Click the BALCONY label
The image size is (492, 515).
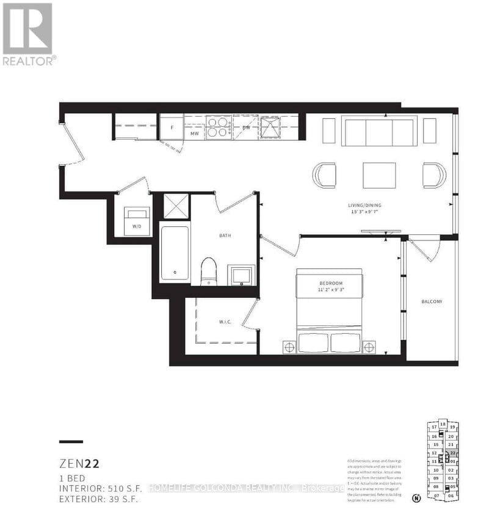click(x=432, y=302)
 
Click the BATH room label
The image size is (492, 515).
click(x=225, y=235)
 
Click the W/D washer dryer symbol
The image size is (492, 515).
click(x=137, y=220)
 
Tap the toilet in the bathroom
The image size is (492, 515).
click(x=209, y=271)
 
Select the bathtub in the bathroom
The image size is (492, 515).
click(x=175, y=253)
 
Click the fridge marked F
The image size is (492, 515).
click(x=172, y=127)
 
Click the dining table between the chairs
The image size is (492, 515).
click(x=378, y=175)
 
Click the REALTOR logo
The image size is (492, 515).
click(x=29, y=34)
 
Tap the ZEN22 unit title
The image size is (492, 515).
click(x=79, y=464)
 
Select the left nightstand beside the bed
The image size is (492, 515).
click(x=289, y=347)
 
